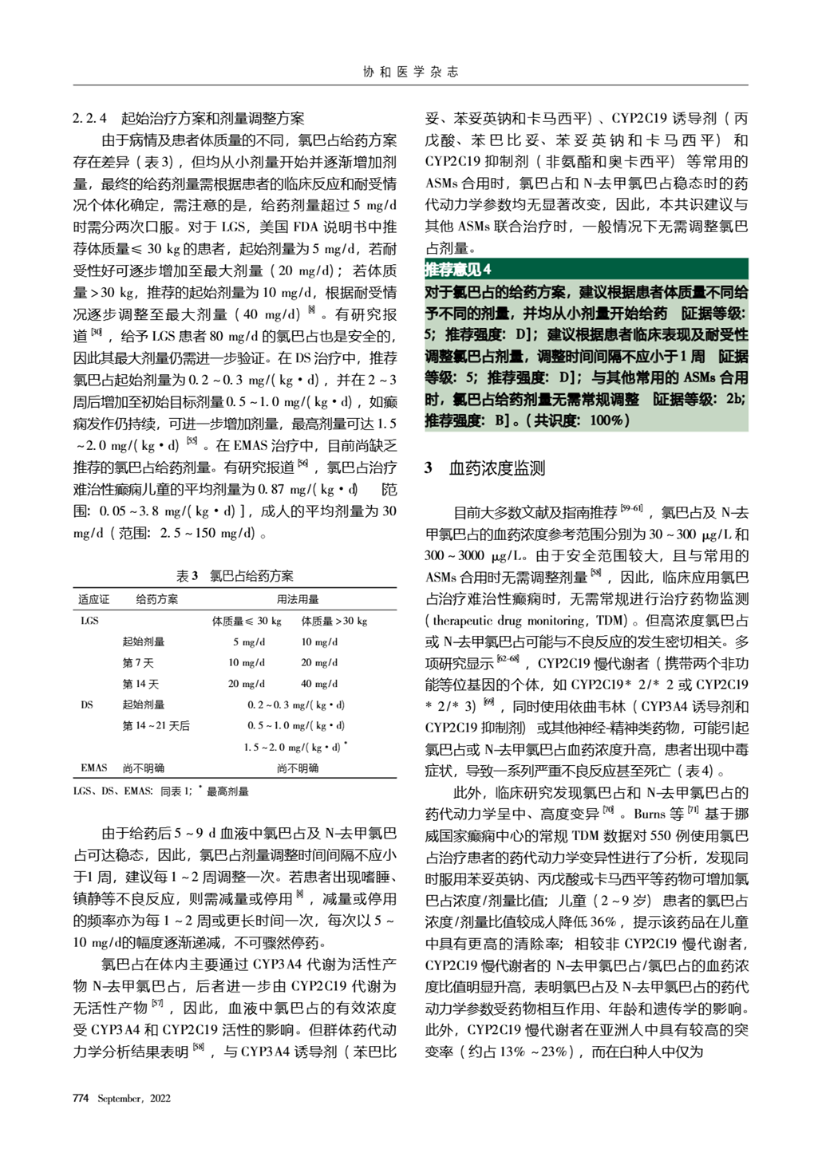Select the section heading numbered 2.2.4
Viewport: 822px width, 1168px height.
188,119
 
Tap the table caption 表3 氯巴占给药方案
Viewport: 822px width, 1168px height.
235,576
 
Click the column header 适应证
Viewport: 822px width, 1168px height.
93,599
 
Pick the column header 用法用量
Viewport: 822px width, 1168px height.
297,599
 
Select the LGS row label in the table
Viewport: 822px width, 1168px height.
90,621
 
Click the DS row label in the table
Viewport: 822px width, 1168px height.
87,704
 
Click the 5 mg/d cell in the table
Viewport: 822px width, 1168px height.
249,641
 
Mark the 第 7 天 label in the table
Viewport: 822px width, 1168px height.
138,662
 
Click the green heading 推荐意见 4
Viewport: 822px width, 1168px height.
458,270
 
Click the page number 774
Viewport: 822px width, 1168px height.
81,1099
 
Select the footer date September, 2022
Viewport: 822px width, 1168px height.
134,1099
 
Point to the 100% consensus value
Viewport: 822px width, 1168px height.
609,420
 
